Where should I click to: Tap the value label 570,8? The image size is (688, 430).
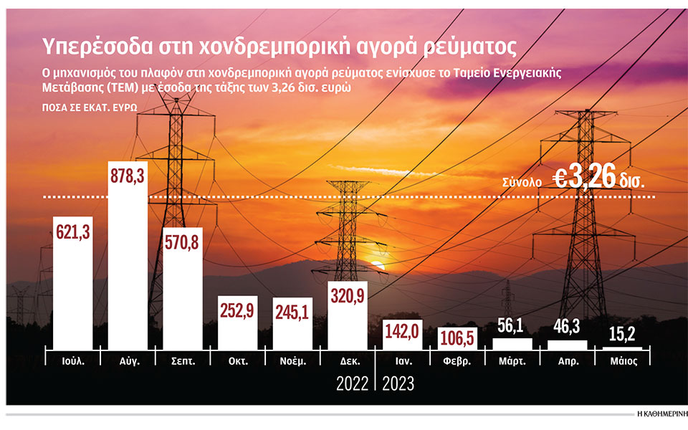(183, 242)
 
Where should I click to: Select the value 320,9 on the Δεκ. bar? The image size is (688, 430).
(348, 295)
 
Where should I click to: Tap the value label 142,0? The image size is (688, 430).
(402, 332)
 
